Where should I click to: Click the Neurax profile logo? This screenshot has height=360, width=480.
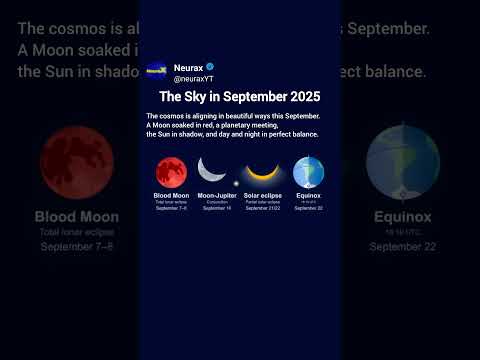(x=157, y=70)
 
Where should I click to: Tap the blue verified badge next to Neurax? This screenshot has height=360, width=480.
(x=210, y=67)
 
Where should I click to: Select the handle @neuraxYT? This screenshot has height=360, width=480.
(x=193, y=78)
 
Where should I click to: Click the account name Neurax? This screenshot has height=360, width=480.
(x=188, y=67)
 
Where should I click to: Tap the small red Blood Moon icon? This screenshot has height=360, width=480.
(x=172, y=172)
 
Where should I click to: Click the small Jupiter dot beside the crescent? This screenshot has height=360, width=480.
(x=236, y=183)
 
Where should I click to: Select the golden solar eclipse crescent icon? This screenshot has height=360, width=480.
(x=262, y=174)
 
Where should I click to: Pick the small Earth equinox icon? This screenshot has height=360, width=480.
(x=308, y=172)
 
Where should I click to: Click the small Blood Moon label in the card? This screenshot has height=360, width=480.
(x=172, y=195)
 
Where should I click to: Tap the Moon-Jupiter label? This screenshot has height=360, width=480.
(x=217, y=195)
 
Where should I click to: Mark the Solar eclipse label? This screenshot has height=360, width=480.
(x=263, y=195)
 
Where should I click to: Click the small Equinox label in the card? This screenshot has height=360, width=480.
(x=309, y=195)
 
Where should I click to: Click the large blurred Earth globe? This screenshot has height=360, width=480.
(x=402, y=160)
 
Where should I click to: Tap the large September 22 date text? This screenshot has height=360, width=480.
(x=402, y=246)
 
